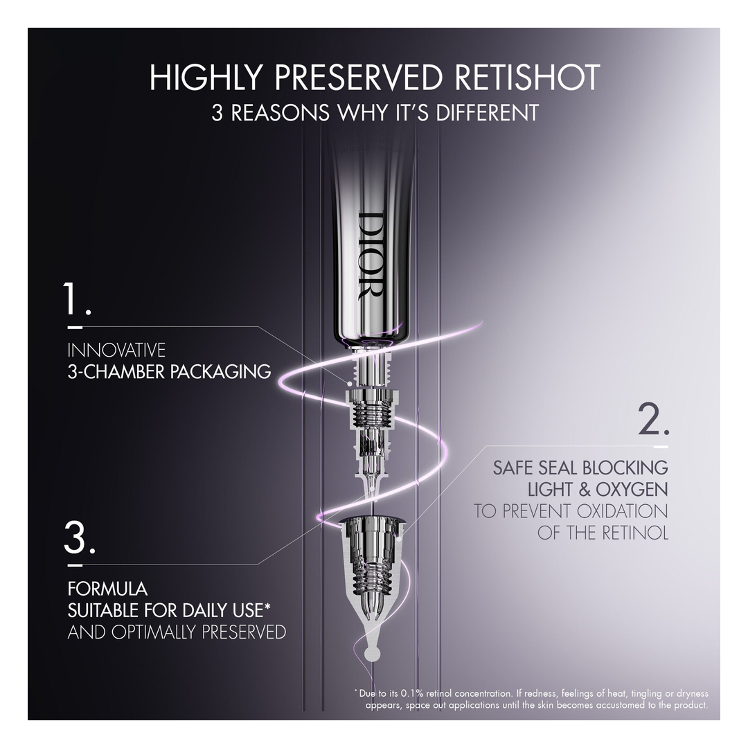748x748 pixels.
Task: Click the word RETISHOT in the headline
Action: pyautogui.click(x=528, y=77)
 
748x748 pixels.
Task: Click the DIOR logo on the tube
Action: pyautogui.click(x=370, y=256)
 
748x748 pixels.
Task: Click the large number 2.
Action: pyautogui.click(x=654, y=419)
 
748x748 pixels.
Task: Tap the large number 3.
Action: pyautogui.click(x=80, y=537)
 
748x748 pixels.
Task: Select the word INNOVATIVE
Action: pyautogui.click(x=116, y=350)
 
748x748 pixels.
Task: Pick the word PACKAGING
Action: pyautogui.click(x=220, y=372)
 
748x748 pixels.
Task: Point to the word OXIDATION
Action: pyautogui.click(x=622, y=511)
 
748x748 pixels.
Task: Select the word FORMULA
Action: pyautogui.click(x=107, y=589)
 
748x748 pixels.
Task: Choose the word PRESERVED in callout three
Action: pyautogui.click(x=243, y=632)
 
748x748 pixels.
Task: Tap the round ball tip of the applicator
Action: pyautogui.click(x=372, y=653)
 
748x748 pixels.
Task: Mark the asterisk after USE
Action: pyautogui.click(x=267, y=606)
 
